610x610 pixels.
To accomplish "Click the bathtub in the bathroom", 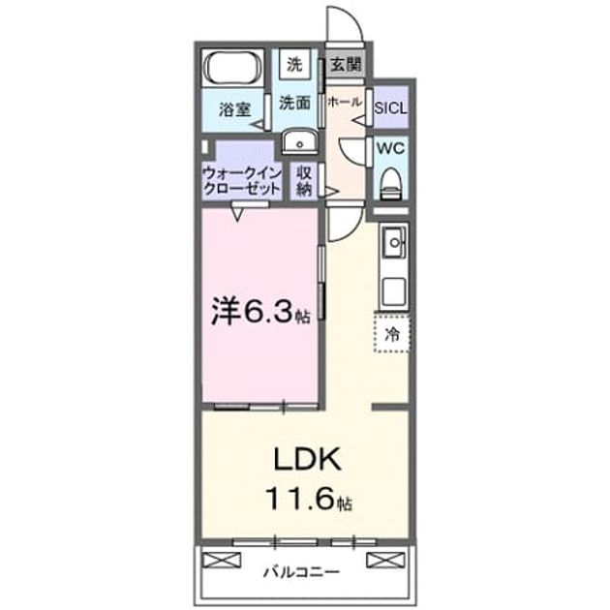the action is click(233, 68).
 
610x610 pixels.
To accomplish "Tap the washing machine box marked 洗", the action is click(294, 64).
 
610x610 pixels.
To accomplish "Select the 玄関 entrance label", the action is click(346, 64).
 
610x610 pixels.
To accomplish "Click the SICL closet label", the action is click(390, 107).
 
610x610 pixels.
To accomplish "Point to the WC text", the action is click(390, 148).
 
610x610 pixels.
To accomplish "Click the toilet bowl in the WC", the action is click(391, 184).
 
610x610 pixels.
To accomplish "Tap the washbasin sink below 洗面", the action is click(299, 142).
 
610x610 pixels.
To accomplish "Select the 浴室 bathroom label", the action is click(234, 109).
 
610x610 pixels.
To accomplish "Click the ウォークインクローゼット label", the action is click(242, 181).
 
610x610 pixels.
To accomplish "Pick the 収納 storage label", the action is click(304, 181).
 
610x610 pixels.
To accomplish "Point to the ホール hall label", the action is click(345, 102).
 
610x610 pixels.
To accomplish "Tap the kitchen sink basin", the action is click(394, 243).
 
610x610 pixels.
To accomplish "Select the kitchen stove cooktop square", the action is click(394, 291).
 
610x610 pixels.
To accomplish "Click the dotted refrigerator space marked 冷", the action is click(392, 333).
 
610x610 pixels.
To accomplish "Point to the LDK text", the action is click(308, 459).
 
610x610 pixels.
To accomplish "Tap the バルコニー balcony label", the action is click(301, 572).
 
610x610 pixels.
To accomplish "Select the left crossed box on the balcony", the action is click(222, 561).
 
